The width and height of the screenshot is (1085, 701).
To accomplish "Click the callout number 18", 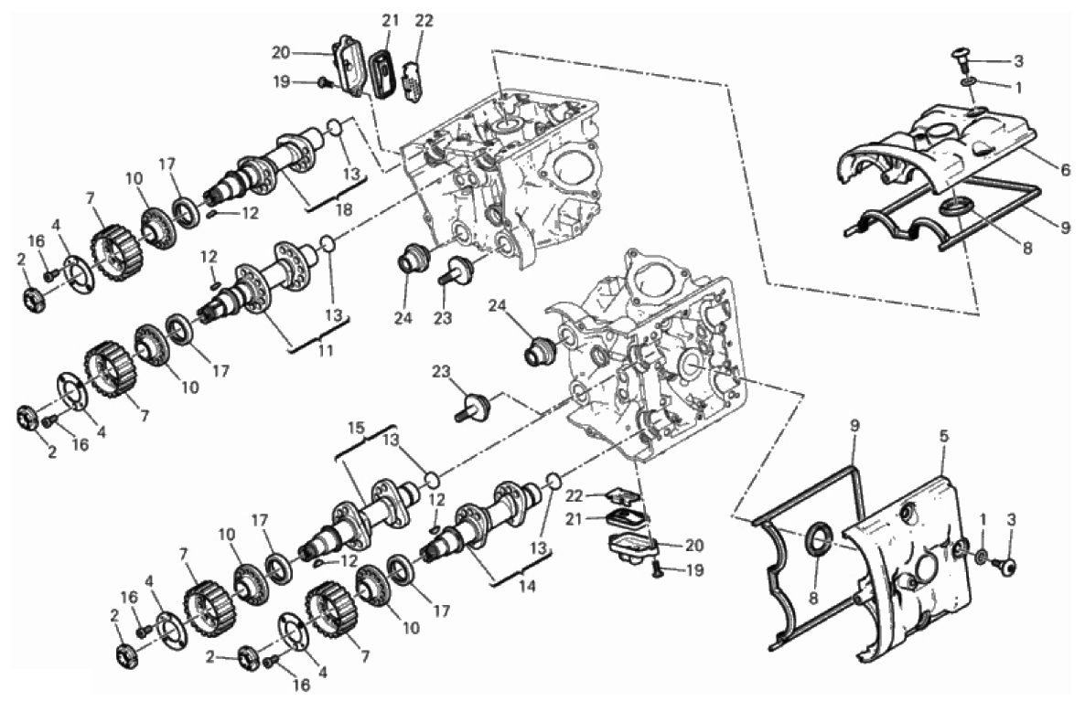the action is (344, 209).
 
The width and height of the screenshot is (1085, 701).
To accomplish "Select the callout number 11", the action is (325, 351).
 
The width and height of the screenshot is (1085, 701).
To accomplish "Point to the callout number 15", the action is (356, 428).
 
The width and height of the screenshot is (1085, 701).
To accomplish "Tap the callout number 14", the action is (527, 586).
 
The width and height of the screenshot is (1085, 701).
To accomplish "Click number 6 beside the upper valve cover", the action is (1064, 169).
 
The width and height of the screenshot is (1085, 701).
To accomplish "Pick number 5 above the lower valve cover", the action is (944, 436).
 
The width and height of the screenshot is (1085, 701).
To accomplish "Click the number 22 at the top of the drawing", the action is (424, 21).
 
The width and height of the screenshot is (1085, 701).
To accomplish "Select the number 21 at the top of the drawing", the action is (391, 21).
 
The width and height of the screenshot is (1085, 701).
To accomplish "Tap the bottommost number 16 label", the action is (301, 685).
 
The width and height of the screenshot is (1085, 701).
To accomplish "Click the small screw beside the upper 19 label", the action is (323, 83).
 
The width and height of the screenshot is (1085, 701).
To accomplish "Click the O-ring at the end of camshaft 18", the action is (334, 128).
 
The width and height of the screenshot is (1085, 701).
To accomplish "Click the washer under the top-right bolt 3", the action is (969, 84).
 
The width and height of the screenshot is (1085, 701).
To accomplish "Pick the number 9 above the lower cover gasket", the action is (854, 426).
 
